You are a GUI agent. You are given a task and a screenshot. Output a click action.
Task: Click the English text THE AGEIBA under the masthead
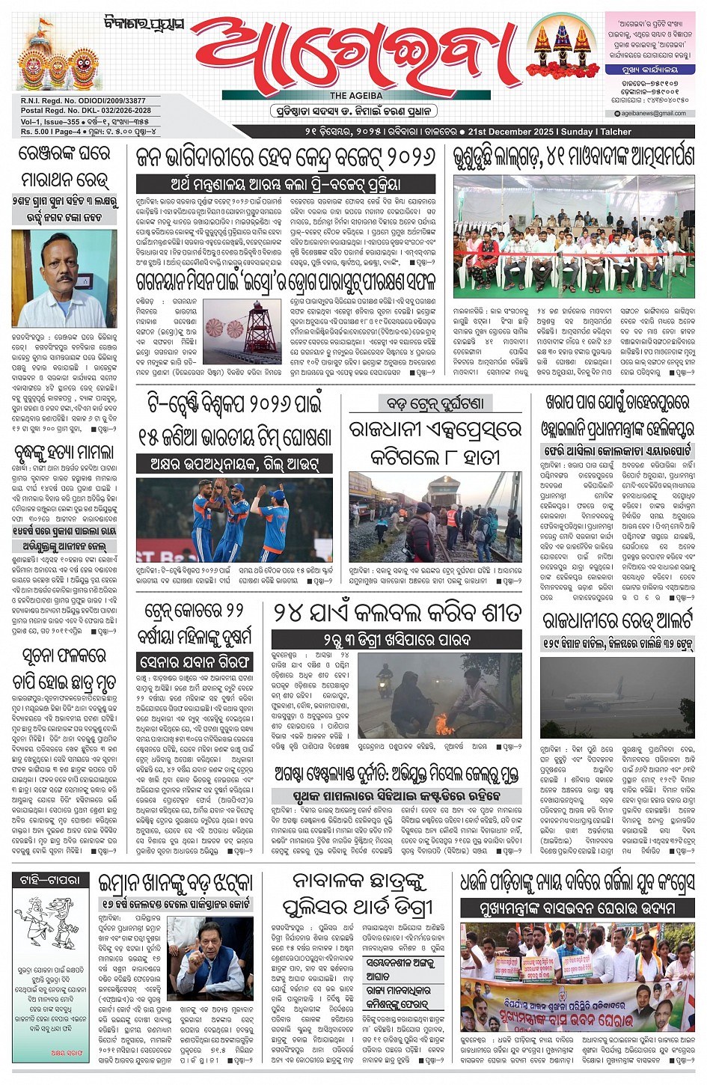(x=356, y=96)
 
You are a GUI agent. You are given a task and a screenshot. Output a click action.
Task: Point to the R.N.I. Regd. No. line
(x=73, y=101)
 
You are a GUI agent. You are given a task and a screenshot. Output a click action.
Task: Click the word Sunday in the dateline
(x=577, y=132)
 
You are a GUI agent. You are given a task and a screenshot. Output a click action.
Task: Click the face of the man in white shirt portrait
(x=54, y=259)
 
